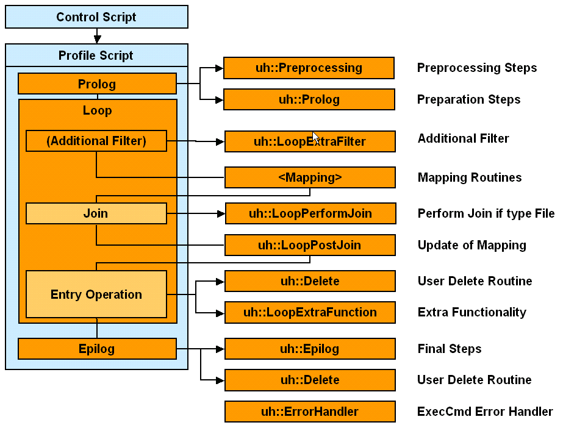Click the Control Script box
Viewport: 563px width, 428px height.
tap(96, 17)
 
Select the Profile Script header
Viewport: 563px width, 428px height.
tap(96, 55)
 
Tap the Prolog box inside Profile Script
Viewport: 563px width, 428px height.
tap(97, 84)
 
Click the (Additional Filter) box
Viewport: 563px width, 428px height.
tap(96, 141)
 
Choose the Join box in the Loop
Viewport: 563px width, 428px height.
tap(96, 213)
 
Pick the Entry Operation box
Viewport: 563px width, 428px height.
tap(96, 294)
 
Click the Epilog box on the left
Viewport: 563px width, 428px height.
tap(97, 349)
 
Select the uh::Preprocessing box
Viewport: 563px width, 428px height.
tap(309, 68)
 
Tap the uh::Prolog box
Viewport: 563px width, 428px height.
tap(309, 99)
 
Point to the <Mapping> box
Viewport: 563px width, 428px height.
tap(310, 177)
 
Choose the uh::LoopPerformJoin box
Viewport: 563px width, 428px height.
tap(310, 213)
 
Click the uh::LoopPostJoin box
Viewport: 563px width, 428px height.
tap(310, 245)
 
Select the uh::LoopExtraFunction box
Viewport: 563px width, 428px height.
tap(310, 312)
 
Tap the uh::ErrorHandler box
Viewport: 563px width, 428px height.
tap(310, 412)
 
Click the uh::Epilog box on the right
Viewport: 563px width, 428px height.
tap(310, 349)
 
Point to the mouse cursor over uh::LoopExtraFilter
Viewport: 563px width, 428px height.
tap(315, 137)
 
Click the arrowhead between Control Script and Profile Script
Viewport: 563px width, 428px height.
tap(97, 39)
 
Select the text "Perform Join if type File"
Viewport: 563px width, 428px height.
tap(486, 213)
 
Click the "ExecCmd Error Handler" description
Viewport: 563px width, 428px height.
tap(485, 412)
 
